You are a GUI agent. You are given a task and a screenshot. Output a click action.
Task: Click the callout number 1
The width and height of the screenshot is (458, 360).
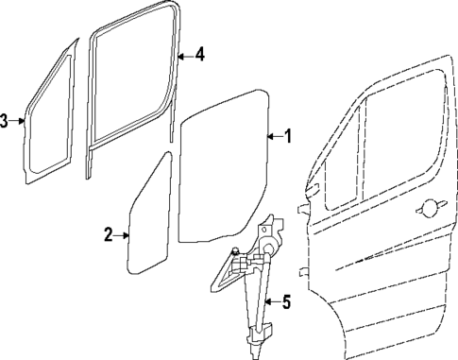click(x=287, y=136)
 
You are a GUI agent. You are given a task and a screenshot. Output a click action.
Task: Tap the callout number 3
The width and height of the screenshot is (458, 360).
click(x=5, y=120)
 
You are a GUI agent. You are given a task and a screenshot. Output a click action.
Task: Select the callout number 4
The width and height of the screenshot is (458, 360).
click(x=199, y=54)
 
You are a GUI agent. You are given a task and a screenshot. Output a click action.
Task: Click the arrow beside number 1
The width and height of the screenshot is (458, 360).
click(x=274, y=136)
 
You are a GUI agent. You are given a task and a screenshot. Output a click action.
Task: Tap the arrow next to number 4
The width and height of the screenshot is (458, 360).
click(x=185, y=54)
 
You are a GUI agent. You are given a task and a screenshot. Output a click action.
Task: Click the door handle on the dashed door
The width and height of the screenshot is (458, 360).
click(x=432, y=205)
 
